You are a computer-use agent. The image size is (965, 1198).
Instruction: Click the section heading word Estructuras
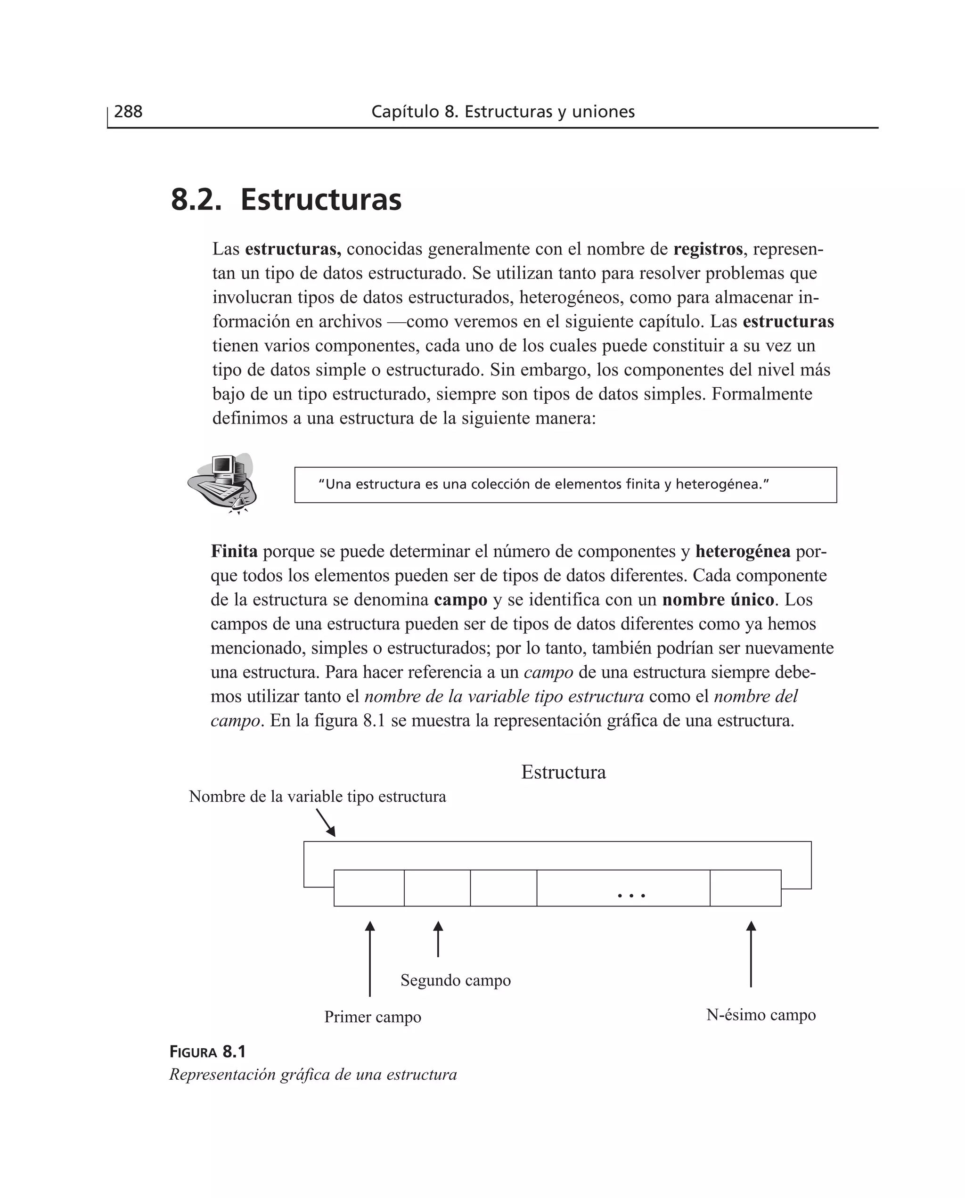click(x=321, y=200)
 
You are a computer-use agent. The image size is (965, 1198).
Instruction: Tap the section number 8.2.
click(x=196, y=200)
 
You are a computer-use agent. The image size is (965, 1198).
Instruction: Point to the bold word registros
click(x=707, y=249)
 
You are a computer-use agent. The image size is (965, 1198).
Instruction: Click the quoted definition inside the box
click(x=543, y=485)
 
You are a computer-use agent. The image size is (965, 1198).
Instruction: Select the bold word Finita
click(x=234, y=552)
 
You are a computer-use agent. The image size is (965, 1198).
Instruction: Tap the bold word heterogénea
click(x=742, y=552)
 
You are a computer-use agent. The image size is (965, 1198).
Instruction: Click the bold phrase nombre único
click(x=718, y=600)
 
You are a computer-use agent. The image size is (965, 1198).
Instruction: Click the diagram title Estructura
click(x=563, y=773)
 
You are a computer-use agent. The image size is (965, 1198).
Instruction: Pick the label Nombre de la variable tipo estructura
click(x=318, y=797)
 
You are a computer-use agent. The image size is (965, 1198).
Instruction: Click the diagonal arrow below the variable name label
click(x=326, y=823)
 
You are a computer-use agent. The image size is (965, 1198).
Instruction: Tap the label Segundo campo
click(x=455, y=980)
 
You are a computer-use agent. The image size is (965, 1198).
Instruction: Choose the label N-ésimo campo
click(x=761, y=1015)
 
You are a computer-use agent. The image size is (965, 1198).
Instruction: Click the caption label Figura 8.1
click(x=207, y=1052)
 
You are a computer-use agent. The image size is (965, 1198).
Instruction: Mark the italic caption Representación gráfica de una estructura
click(x=313, y=1075)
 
